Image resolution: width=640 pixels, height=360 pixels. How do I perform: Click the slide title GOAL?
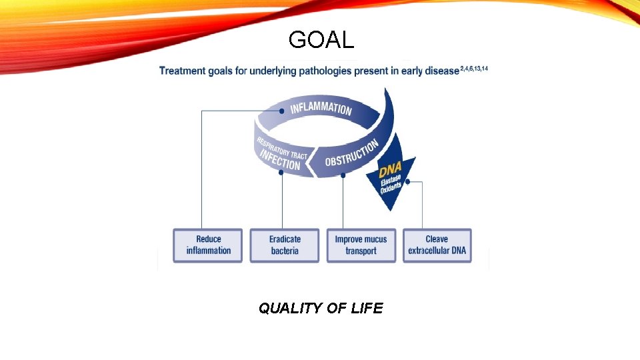point(321,41)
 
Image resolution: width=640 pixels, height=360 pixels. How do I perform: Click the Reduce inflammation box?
point(208,245)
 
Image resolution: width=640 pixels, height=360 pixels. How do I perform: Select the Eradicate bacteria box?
point(285,245)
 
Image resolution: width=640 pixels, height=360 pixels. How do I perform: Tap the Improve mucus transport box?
point(361,245)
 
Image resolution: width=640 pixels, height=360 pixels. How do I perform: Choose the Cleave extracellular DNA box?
point(437,245)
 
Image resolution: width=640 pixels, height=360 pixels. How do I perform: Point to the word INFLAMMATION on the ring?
point(321,107)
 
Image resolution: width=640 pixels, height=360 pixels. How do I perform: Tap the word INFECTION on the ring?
point(280,160)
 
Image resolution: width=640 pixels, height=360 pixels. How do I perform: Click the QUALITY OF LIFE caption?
point(321,308)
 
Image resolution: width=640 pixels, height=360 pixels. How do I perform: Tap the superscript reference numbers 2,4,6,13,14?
point(474,69)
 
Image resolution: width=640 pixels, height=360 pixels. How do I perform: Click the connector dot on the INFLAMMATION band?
point(282,111)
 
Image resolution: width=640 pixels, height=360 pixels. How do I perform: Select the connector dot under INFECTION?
point(281,172)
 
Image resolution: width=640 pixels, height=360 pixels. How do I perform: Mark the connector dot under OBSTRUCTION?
point(343,175)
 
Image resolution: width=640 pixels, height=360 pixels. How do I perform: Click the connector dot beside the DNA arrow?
point(407,181)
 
